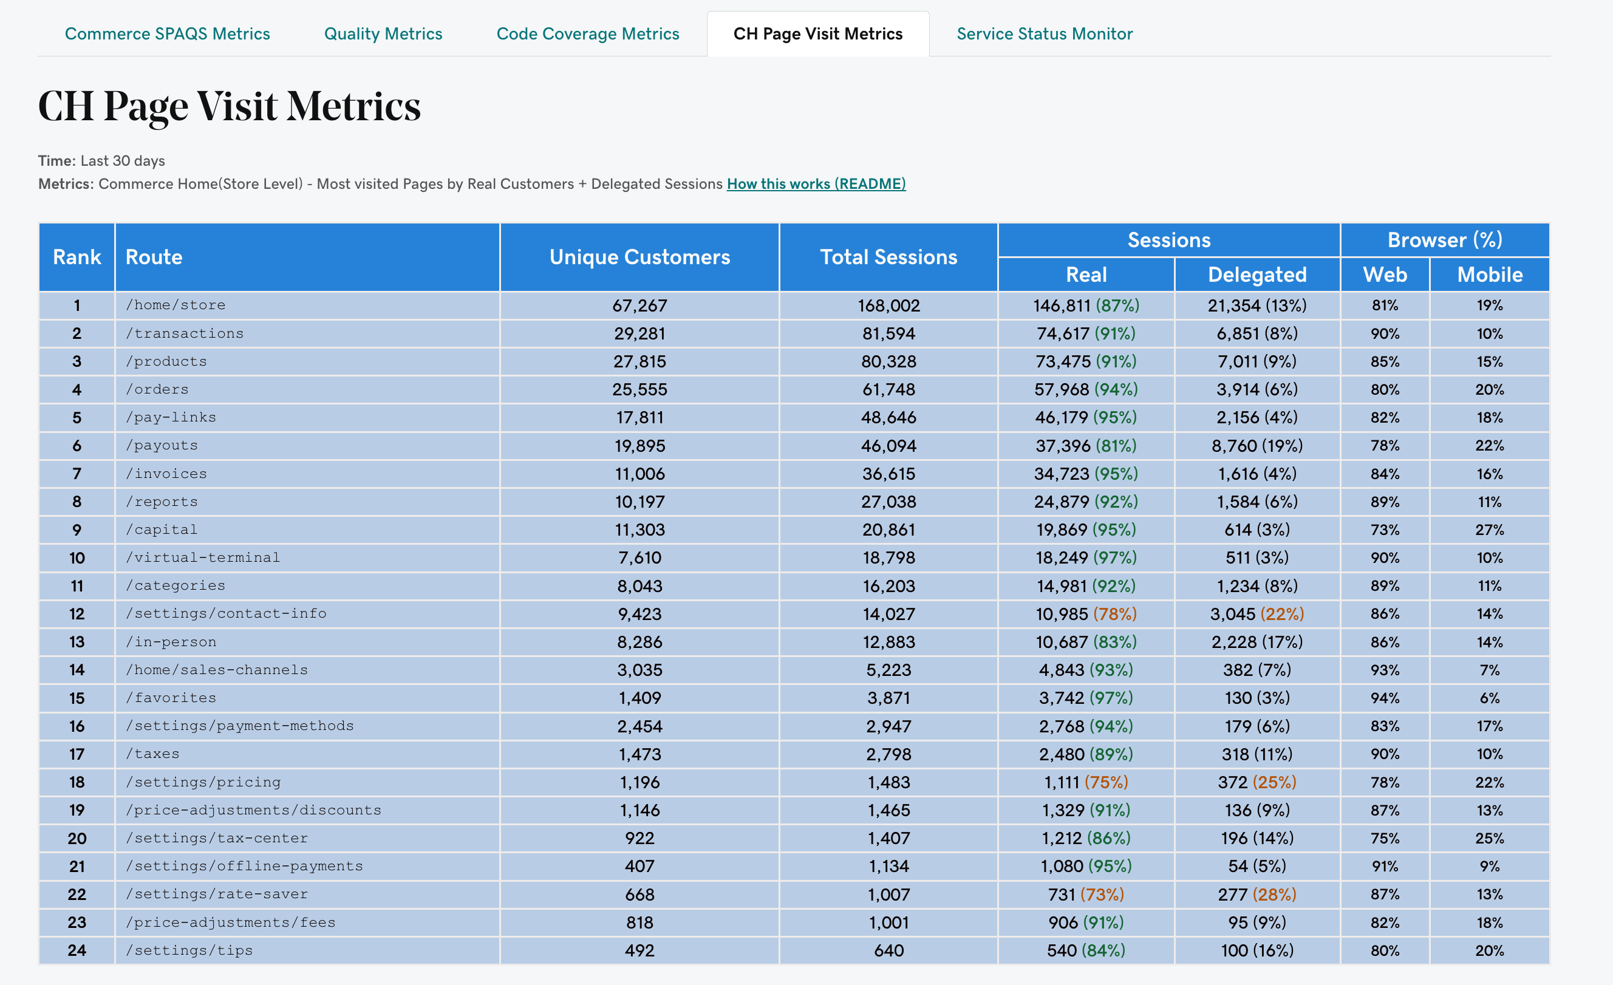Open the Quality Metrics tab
click(x=383, y=34)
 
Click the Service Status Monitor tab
click(x=1044, y=34)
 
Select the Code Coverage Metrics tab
click(x=587, y=34)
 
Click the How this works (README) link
click(x=816, y=184)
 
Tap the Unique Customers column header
click(x=639, y=257)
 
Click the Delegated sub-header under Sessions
click(x=1257, y=275)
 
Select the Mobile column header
click(x=1489, y=275)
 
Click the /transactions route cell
click(x=185, y=334)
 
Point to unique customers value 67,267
click(x=639, y=305)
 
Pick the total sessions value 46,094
click(x=888, y=446)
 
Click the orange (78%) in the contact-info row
click(x=1115, y=614)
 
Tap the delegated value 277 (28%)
click(x=1257, y=894)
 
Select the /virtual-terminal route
click(x=203, y=557)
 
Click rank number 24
click(x=77, y=950)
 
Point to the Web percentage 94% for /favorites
click(x=1384, y=698)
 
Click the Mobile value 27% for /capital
click(x=1489, y=530)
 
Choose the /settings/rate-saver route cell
click(x=217, y=894)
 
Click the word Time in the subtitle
click(x=55, y=161)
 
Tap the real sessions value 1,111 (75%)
click(x=1085, y=782)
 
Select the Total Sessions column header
click(x=888, y=257)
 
